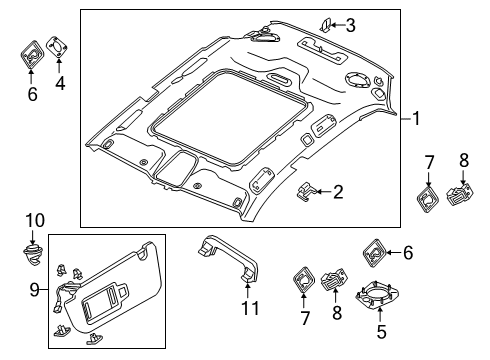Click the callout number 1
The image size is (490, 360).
[x=416, y=119]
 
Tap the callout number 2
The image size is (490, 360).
[x=338, y=192]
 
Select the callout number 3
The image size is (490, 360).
[x=350, y=25]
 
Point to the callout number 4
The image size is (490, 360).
[x=60, y=83]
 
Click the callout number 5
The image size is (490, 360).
[x=381, y=332]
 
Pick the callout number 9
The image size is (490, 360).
[x=35, y=290]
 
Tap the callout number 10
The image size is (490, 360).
[x=35, y=221]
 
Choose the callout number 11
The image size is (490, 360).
[x=250, y=308]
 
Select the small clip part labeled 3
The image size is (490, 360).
[x=325, y=26]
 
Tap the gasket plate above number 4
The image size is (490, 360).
[x=57, y=47]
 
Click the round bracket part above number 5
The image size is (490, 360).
[x=377, y=294]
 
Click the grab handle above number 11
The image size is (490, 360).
[x=229, y=258]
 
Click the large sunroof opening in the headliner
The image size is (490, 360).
[x=231, y=117]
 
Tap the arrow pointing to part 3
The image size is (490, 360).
[x=337, y=25]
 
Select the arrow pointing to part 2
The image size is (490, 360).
[x=323, y=192]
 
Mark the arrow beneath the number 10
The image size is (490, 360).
[x=32, y=238]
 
